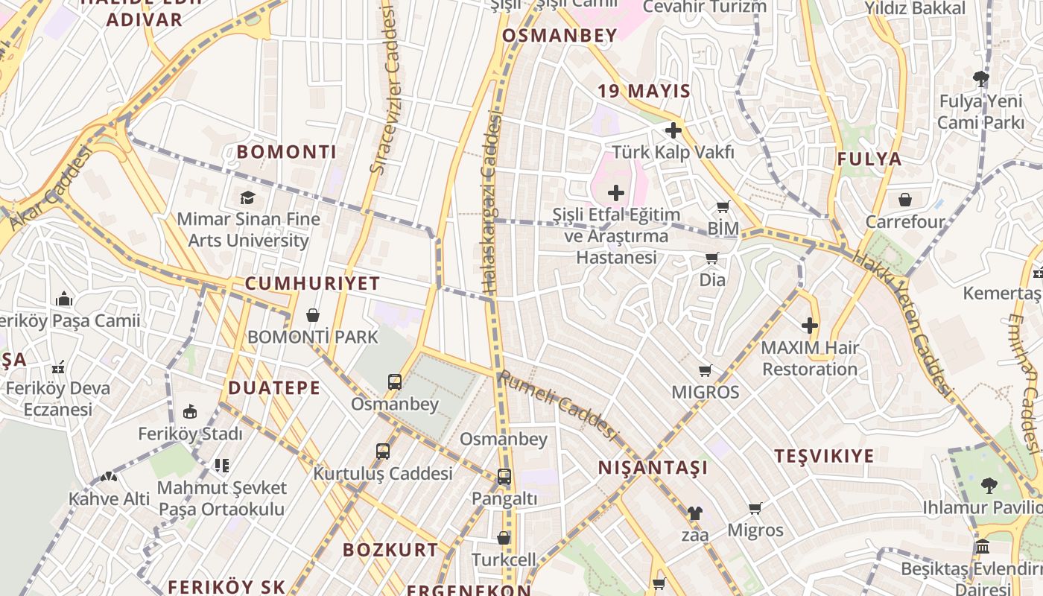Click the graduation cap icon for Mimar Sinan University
[247, 197]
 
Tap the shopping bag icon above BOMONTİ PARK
[313, 315]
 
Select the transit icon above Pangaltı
[504, 477]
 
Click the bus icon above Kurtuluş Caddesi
[383, 451]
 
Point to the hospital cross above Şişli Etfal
[616, 194]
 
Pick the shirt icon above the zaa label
[694, 513]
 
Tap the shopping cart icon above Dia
[712, 259]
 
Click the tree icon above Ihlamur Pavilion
[989, 486]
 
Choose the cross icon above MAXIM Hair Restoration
[810, 326]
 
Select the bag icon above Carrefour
[905, 200]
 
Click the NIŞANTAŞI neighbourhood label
[653, 468]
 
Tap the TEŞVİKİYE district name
[824, 456]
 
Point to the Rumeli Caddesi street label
[559, 406]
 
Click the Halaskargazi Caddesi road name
[490, 201]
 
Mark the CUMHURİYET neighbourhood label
[312, 284]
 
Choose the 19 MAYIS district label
[644, 92]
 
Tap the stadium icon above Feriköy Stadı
[190, 412]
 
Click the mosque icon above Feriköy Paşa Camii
[64, 299]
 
